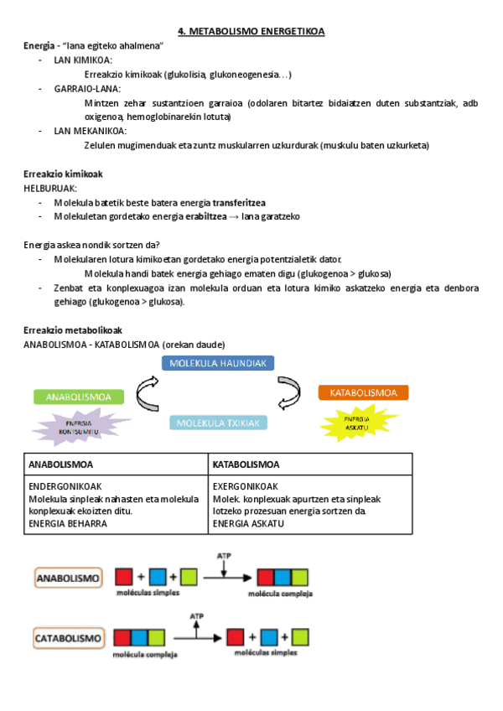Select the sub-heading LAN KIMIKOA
pos(83,60)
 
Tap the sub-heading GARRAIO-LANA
pos(87,89)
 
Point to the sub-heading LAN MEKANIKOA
pos(90,131)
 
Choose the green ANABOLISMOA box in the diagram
pos(79,397)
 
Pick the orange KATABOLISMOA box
pos(363,392)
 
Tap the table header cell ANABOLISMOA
pos(61,464)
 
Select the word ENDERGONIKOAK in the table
pos(63,487)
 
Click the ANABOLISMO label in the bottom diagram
pos(68,578)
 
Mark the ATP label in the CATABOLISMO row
pos(198,616)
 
